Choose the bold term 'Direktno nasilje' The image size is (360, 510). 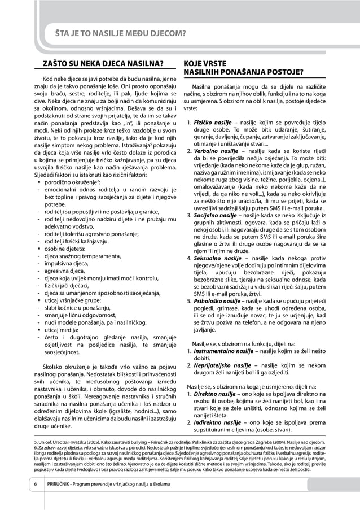pos(214,394)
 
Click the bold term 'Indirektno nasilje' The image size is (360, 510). pos(216,422)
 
